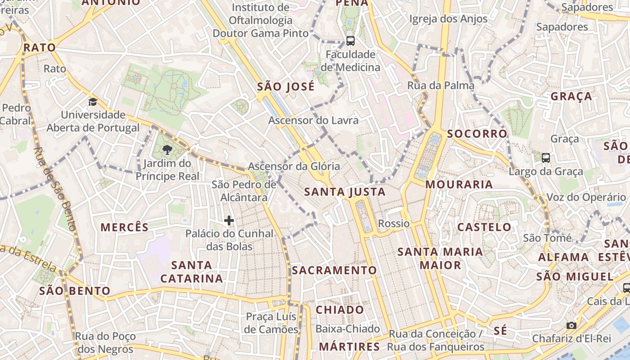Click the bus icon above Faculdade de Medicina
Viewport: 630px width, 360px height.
pyautogui.click(x=350, y=41)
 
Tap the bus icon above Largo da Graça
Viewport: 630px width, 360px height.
pyautogui.click(x=545, y=158)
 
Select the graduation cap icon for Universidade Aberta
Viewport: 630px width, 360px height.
pyautogui.click(x=93, y=102)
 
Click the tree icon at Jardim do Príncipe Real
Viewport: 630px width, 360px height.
pyautogui.click(x=167, y=150)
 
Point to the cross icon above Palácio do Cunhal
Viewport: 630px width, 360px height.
pyautogui.click(x=229, y=220)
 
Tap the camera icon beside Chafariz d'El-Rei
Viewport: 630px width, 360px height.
pyautogui.click(x=571, y=325)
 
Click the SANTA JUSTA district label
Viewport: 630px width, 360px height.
pyautogui.click(x=345, y=192)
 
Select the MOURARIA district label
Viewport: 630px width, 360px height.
pyautogui.click(x=459, y=184)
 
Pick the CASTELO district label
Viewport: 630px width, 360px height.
pyautogui.click(x=484, y=227)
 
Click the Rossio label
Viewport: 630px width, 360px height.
pyautogui.click(x=394, y=224)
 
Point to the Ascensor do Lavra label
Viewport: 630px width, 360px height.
pyautogui.click(x=313, y=120)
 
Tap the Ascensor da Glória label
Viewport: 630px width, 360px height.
pyautogui.click(x=294, y=166)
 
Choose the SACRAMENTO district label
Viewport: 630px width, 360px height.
pyautogui.click(x=334, y=270)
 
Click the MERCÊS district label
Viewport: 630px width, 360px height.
pyautogui.click(x=124, y=227)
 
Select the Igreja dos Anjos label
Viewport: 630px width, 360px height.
pyautogui.click(x=448, y=19)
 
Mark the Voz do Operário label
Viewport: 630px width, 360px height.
pyautogui.click(x=586, y=197)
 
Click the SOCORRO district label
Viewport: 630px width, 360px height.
pyautogui.click(x=477, y=134)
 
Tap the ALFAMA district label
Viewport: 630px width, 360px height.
pyautogui.click(x=563, y=257)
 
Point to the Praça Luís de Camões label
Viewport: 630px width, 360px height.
pyautogui.click(x=271, y=323)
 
